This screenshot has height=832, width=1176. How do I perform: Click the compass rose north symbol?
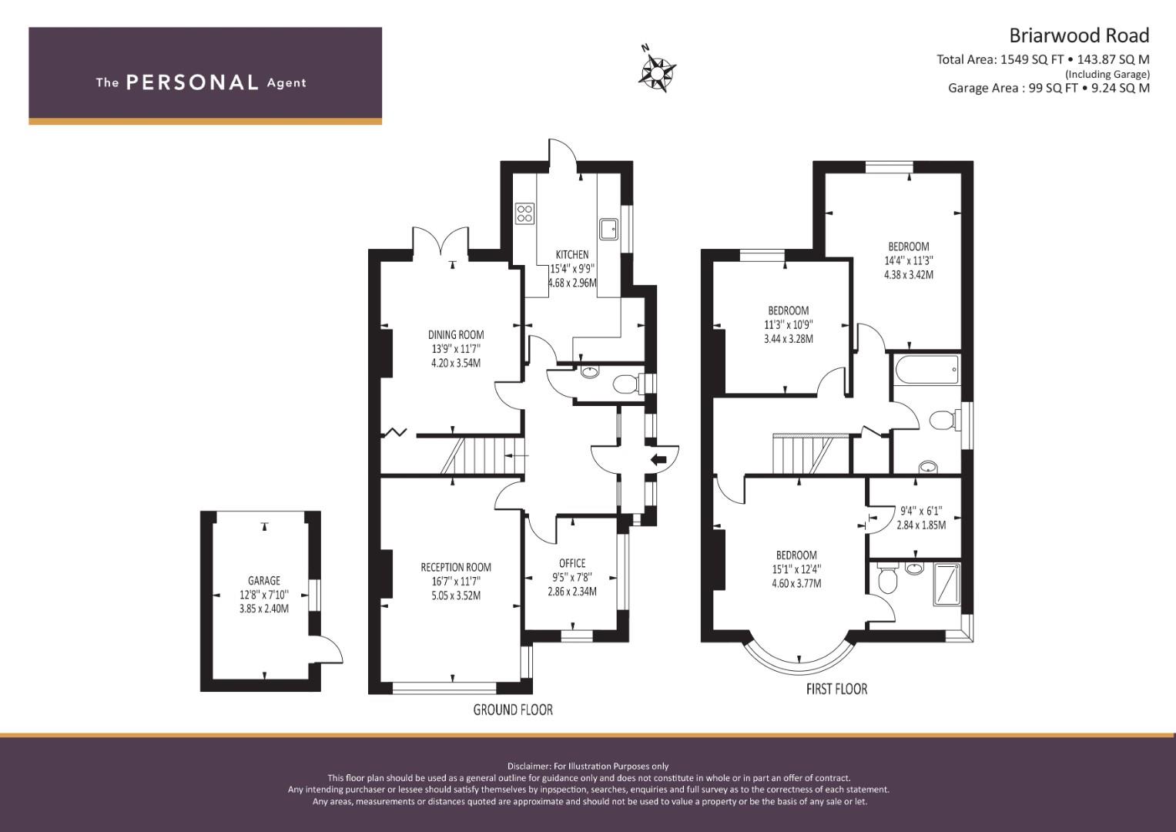[x=657, y=70]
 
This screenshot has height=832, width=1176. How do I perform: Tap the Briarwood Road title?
[x=1080, y=35]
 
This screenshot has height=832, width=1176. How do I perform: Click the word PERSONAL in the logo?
[x=193, y=82]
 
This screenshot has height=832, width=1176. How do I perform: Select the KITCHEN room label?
[x=572, y=255]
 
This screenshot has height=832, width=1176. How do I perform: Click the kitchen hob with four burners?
[x=525, y=214]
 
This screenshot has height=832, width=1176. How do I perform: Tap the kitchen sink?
[x=609, y=229]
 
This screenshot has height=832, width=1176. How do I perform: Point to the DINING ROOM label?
[x=456, y=334]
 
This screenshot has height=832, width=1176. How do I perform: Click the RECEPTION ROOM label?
[x=456, y=567]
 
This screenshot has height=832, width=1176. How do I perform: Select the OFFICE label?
[x=572, y=563]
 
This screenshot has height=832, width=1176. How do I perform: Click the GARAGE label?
[x=264, y=580]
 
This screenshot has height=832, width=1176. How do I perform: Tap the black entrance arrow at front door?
[x=658, y=460]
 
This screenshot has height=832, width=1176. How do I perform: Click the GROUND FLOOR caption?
[x=513, y=710]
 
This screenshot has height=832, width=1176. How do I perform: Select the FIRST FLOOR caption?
[x=837, y=689]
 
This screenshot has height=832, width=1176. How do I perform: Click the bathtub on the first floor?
[x=926, y=370]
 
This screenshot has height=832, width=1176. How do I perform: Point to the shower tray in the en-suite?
[x=946, y=585]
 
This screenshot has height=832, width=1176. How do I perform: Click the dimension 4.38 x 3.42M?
[x=909, y=275]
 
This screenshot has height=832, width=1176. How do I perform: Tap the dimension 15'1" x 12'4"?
[x=796, y=569]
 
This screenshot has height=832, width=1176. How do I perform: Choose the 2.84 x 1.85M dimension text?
[x=921, y=525]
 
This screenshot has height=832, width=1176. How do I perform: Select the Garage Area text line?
[x=1048, y=88]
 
